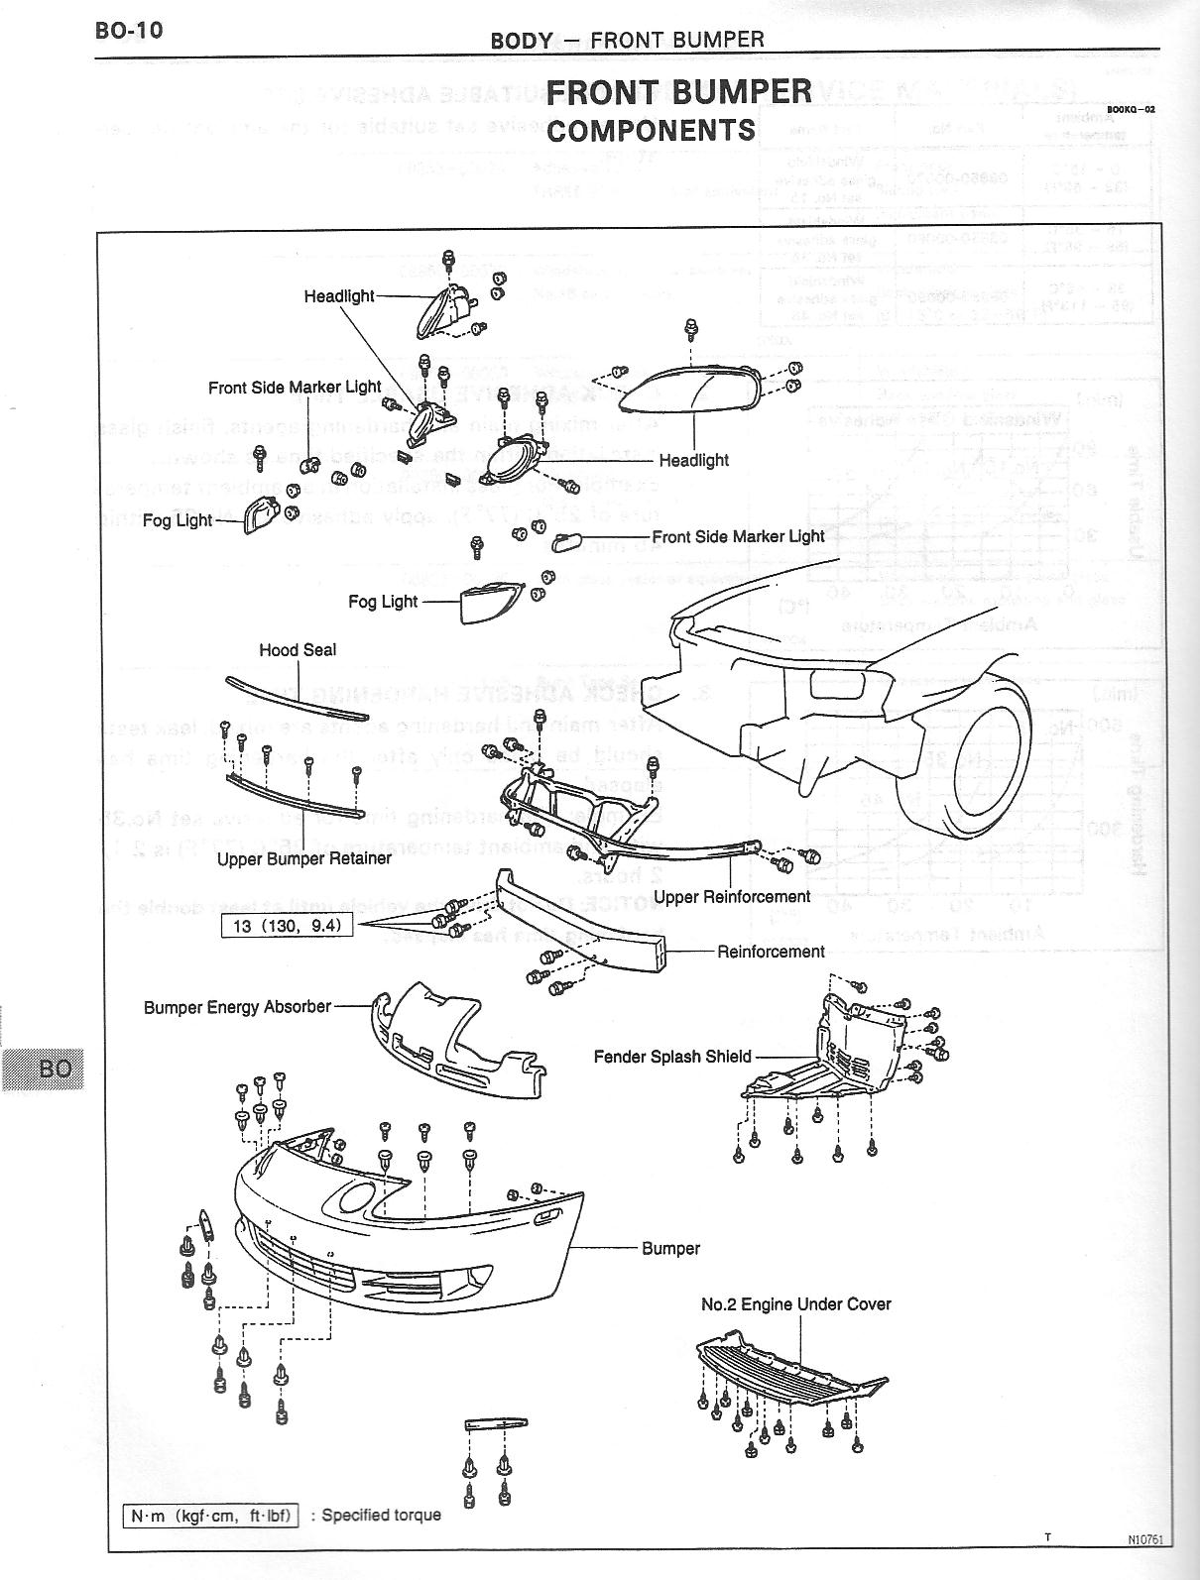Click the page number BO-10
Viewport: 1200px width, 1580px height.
[128, 30]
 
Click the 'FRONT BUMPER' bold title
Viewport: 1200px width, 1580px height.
[678, 92]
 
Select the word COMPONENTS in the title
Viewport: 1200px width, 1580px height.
[651, 131]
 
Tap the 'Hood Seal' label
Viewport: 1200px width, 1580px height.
[298, 650]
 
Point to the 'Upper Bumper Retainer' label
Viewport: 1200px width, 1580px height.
[304, 858]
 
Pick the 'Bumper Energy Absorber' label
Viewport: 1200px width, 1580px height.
[237, 1007]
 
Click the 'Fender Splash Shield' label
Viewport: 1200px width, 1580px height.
[672, 1057]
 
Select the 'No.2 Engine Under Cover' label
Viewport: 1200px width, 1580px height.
[795, 1304]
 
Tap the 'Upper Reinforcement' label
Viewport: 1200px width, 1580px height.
[732, 896]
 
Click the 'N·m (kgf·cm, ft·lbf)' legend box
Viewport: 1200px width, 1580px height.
[210, 1515]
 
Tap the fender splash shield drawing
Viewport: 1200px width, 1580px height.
[843, 1051]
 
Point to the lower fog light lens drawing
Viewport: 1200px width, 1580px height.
[490, 603]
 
